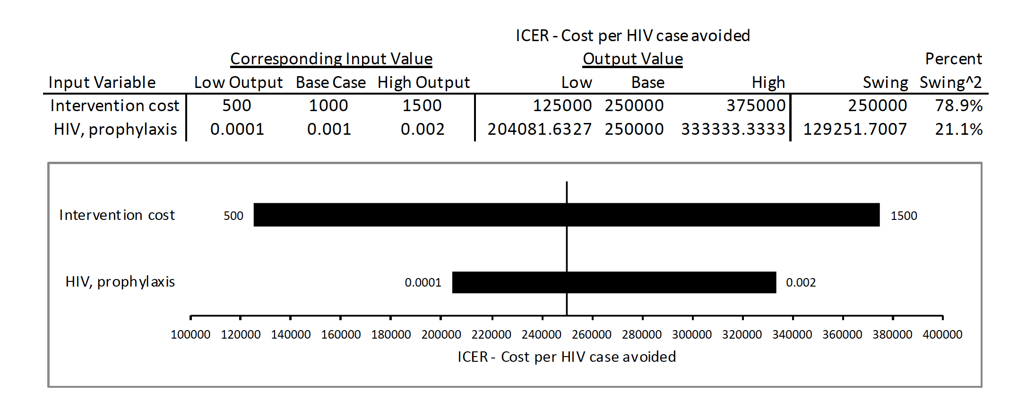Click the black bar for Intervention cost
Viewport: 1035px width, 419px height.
pos(566,215)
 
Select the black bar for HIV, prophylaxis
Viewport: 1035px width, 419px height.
pos(614,282)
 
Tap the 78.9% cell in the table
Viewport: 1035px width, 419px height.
pos(958,105)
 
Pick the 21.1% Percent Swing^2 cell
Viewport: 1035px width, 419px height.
pos(958,129)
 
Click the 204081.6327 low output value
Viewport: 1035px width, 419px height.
pos(539,129)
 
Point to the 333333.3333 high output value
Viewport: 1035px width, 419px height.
pos(733,129)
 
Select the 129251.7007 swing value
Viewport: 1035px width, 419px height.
pos(855,129)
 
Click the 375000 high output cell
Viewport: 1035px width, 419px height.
pos(756,105)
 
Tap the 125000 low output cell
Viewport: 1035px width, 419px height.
pos(562,105)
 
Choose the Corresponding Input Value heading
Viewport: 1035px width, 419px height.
pos(331,59)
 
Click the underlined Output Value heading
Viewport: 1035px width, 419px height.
pos(632,59)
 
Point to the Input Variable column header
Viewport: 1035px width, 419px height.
pos(102,82)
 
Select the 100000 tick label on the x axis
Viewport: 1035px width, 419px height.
pos(190,335)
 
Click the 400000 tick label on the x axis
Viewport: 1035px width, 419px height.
pos(942,335)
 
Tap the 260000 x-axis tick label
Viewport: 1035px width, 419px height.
pos(592,335)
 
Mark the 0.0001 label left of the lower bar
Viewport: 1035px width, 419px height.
pos(423,283)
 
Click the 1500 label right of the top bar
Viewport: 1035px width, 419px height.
pos(904,216)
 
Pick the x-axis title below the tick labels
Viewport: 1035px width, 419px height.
pos(567,357)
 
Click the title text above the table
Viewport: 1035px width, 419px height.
pos(632,35)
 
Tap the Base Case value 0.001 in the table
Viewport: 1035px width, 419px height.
pos(329,129)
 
